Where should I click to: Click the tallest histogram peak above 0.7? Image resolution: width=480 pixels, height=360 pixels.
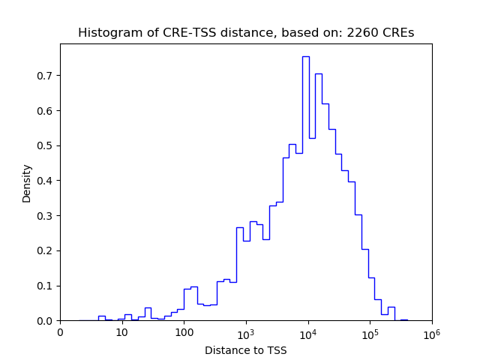pos(305,57)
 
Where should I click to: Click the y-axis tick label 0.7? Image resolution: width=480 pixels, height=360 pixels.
pos(47,76)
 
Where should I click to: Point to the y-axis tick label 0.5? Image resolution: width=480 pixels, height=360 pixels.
pos(47,145)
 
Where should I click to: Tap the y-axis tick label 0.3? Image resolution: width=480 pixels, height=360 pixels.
pos(47,216)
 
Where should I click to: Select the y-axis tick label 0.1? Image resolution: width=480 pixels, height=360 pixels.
pos(47,286)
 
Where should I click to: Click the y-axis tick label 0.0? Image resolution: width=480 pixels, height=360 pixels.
pos(47,321)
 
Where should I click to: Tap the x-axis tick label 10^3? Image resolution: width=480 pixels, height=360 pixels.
pos(246,331)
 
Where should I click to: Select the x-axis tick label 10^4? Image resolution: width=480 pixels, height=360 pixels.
pos(307,331)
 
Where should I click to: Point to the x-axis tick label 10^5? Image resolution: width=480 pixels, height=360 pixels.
pos(370,331)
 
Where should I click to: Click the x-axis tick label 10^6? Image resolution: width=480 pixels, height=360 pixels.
pos(431,331)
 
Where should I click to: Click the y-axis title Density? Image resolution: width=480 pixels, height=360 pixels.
pos(27,183)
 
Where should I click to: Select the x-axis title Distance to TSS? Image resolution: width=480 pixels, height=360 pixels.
pos(246,349)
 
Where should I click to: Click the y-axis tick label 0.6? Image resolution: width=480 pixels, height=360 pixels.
pos(47,111)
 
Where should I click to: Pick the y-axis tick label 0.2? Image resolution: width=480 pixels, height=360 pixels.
pos(47,250)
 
